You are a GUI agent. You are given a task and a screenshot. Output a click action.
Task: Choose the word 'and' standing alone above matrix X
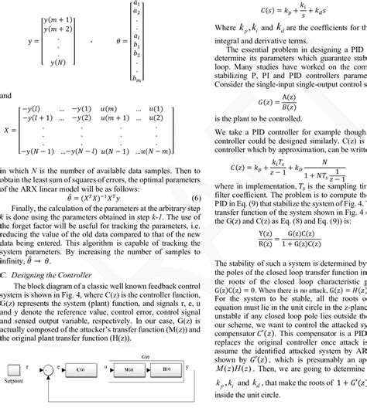[7, 119]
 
